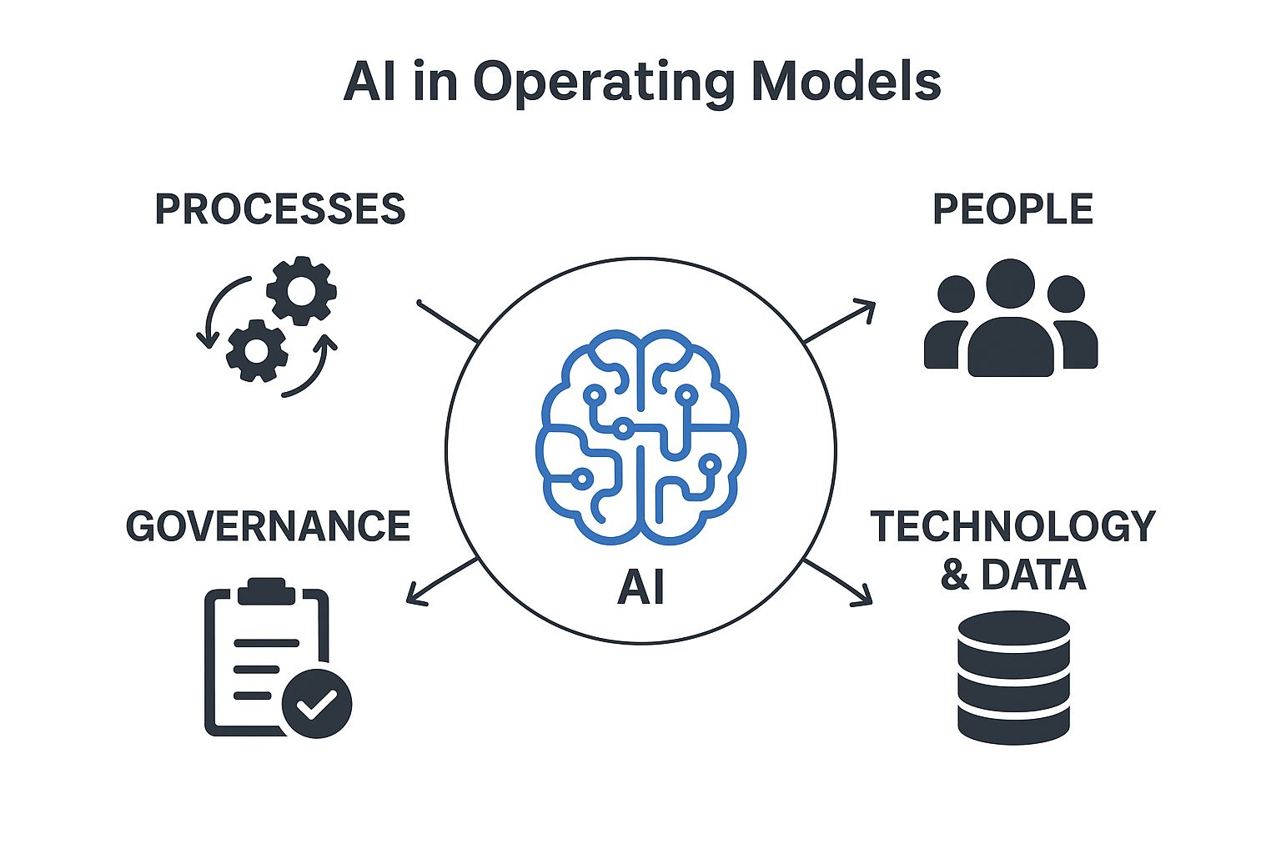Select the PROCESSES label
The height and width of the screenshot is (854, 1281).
280,208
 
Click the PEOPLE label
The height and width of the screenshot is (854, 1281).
1012,208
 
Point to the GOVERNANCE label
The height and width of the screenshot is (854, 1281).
268,526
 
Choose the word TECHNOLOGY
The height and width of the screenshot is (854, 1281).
1012,526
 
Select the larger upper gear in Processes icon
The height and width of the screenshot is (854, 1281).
301,290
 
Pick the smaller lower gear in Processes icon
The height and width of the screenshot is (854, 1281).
257,350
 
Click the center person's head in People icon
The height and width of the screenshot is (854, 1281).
1010,284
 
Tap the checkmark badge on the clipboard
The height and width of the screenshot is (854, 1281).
317,703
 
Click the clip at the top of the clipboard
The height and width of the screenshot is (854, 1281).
267,590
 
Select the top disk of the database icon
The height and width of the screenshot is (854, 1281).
1013,630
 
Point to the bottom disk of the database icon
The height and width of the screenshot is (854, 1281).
1013,722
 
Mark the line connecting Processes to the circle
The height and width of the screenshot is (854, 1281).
447,321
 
